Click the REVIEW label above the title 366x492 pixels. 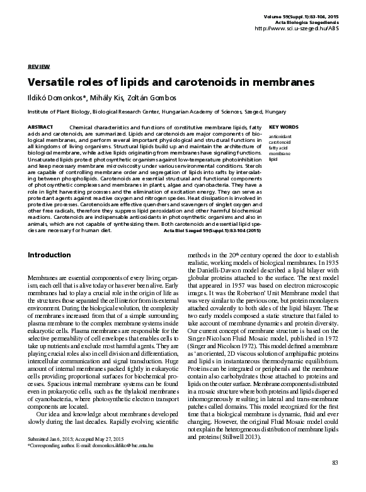coord(38,66)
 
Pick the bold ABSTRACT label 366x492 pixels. coord(40,127)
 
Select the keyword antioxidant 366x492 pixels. coord(279,136)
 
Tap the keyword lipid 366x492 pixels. coord(273,159)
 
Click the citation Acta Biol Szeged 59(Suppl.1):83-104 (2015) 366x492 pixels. coord(212,231)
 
